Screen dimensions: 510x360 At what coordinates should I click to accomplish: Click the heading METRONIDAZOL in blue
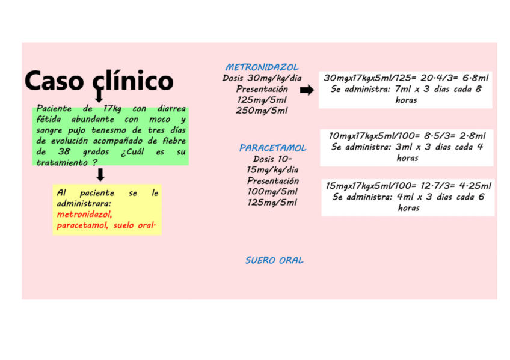click(262, 67)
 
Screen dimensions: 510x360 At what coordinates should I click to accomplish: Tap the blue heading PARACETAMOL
click(272, 148)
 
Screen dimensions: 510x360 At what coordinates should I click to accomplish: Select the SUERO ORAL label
click(274, 261)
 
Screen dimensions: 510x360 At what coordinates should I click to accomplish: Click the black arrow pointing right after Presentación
click(307, 90)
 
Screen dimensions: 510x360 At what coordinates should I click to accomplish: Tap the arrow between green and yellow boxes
click(100, 175)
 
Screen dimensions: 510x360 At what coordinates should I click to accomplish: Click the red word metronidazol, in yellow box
click(85, 215)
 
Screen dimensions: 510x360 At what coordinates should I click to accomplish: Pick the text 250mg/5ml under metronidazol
click(262, 111)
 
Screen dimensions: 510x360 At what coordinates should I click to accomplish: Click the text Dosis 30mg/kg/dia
click(262, 78)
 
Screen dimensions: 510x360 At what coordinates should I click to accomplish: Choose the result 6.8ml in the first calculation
click(475, 78)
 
